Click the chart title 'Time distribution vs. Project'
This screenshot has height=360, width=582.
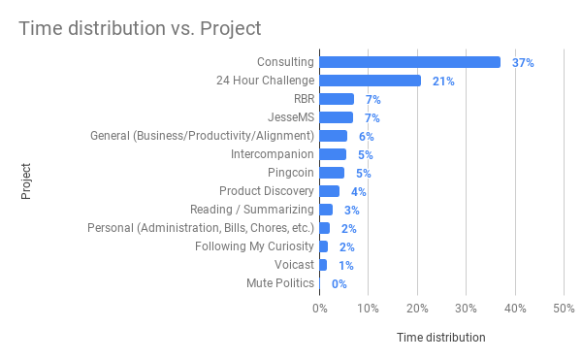140,28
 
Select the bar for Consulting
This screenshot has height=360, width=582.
409,62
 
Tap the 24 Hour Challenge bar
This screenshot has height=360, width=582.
370,81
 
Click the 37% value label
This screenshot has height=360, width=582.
523,62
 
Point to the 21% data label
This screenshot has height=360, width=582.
443,81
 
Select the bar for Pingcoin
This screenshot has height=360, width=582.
332,173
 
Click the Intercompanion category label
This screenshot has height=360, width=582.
273,154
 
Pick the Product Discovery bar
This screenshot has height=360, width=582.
329,191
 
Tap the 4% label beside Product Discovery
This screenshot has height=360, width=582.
359,191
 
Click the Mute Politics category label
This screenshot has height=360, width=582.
280,283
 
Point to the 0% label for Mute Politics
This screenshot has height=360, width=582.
339,284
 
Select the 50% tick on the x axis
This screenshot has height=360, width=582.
564,309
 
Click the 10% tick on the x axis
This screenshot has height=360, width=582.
368,309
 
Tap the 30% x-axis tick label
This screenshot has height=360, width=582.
466,309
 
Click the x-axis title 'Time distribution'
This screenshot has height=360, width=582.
441,338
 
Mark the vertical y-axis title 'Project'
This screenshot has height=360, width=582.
26,181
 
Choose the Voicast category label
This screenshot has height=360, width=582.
293,265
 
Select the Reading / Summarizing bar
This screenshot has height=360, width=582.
326,210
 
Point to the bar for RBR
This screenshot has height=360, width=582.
337,99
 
